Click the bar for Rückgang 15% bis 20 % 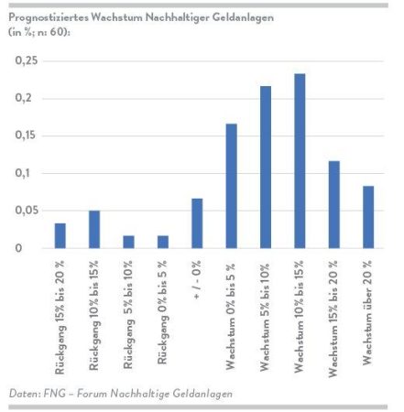[x=60, y=235]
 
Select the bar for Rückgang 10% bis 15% [x=94, y=229]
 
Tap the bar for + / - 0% [x=197, y=223]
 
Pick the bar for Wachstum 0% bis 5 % [x=232, y=186]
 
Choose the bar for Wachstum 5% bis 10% [x=266, y=168]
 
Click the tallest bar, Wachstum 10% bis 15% [x=300, y=161]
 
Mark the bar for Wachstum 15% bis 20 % [x=334, y=204]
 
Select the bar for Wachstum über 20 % [x=368, y=217]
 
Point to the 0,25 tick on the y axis [x=27, y=60]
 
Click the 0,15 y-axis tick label [x=27, y=136]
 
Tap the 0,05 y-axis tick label [x=27, y=211]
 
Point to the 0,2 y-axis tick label [x=24, y=98]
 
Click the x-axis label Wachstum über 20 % [x=367, y=312]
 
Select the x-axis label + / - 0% [x=197, y=279]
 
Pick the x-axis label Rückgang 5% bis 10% [x=128, y=315]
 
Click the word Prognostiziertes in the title [x=49, y=17]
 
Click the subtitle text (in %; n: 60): [x=39, y=32]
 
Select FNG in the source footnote [x=55, y=393]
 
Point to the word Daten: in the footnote [x=25, y=393]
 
